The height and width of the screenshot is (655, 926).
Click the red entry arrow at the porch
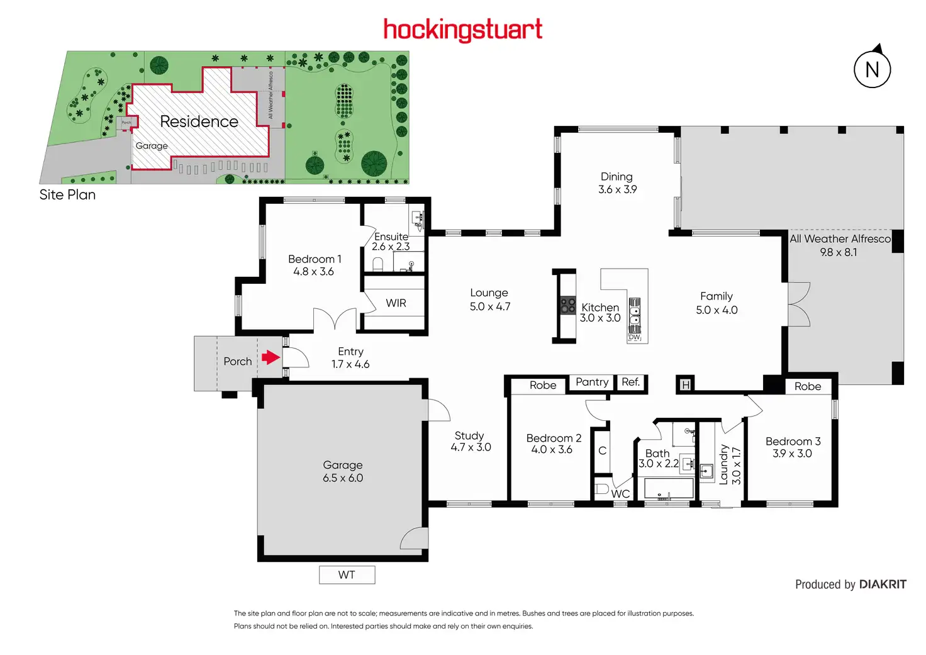pos(271,358)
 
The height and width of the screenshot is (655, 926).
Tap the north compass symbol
pos(872,69)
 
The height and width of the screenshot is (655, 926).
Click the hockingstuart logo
pos(463,30)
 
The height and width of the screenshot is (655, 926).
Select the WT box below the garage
pos(347,575)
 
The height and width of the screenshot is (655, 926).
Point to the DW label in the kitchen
pos(634,337)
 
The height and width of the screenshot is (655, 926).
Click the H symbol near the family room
pos(685,384)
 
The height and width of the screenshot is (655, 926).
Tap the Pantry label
pos(592,382)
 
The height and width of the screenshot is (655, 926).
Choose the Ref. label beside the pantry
pos(630,382)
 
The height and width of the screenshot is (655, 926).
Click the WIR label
pos(396,303)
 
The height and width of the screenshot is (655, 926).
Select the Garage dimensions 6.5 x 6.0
pos(343,478)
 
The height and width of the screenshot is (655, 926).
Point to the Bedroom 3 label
pos(793,442)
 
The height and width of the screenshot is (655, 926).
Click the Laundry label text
pos(723,465)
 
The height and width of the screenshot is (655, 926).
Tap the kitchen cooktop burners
pos(568,306)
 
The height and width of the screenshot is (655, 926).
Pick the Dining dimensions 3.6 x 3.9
pos(617,189)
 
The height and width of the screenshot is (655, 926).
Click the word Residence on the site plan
pos(199,121)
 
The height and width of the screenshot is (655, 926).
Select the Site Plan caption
pos(67,195)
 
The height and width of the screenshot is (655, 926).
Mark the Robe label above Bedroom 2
pos(542,385)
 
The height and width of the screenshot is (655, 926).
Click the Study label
pos(469,435)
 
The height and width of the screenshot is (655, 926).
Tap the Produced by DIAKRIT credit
pos(851,585)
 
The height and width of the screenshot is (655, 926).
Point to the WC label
pos(620,494)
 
